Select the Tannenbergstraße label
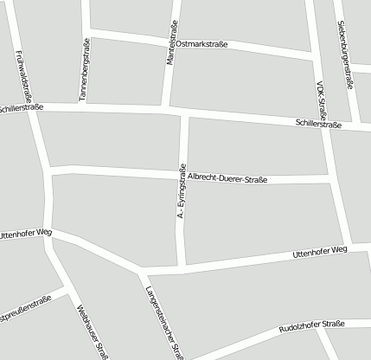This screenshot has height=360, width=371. [85, 70]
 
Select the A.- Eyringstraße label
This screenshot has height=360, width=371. [182, 190]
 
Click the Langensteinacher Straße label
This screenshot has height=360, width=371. [164, 321]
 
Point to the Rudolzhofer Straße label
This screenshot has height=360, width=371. [311, 327]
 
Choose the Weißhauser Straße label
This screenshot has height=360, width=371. [92, 330]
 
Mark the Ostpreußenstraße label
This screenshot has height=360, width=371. [24, 309]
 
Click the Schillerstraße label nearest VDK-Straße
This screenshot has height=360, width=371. [318, 125]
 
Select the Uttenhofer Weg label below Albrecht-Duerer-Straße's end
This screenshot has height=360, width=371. [319, 250]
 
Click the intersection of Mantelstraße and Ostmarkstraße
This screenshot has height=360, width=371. [171, 39]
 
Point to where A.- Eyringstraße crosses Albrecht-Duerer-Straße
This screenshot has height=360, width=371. [183, 174]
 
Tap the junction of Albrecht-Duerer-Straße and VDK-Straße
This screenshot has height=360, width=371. [332, 180]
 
